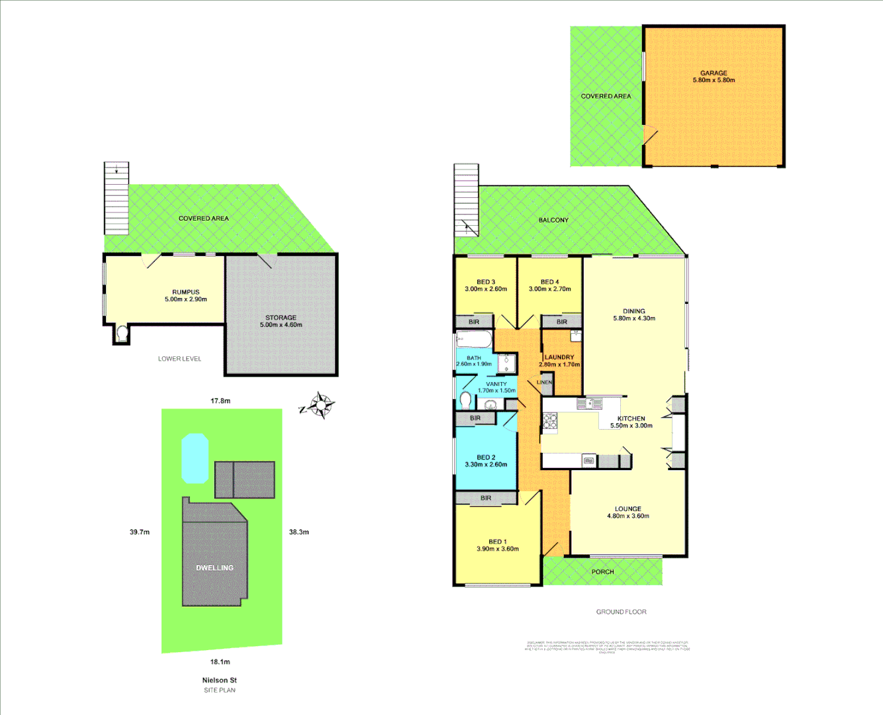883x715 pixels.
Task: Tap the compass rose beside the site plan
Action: click(321, 405)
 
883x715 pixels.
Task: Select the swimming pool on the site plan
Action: click(195, 458)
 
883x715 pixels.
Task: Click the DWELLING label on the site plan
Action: click(214, 568)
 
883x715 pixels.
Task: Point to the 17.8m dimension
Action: click(220, 401)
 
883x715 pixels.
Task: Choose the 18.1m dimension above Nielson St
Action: click(220, 662)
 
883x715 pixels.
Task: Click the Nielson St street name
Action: click(219, 680)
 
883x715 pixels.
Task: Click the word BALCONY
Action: click(553, 220)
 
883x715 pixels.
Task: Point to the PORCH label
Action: click(602, 572)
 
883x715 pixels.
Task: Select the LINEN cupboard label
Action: click(545, 383)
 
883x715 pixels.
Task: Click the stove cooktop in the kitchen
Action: click(549, 422)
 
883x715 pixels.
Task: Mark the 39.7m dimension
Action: click(140, 532)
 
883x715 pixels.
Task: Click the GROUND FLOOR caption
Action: click(621, 612)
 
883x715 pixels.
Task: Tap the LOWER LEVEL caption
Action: click(179, 359)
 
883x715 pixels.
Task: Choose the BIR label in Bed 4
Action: click(561, 322)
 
